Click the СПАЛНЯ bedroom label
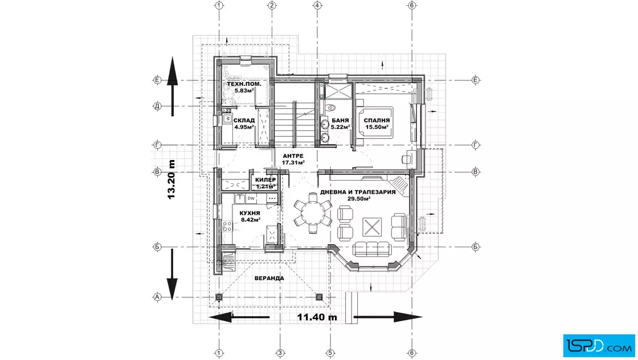(x=377, y=120)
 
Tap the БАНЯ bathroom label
(x=340, y=120)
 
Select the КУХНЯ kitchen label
(x=250, y=213)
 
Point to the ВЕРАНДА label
(x=269, y=278)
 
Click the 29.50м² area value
(x=358, y=198)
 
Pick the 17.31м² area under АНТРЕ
(x=293, y=162)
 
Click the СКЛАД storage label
(x=244, y=120)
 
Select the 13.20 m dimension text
(x=171, y=179)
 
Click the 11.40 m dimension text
(x=317, y=317)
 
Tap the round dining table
(x=313, y=212)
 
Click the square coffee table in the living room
(x=372, y=226)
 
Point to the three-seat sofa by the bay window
(x=372, y=248)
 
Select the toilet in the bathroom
(x=331, y=108)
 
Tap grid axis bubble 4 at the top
(x=317, y=5)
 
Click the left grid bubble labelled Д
(x=157, y=106)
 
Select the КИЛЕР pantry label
(x=265, y=180)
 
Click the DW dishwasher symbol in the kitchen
(x=251, y=198)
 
